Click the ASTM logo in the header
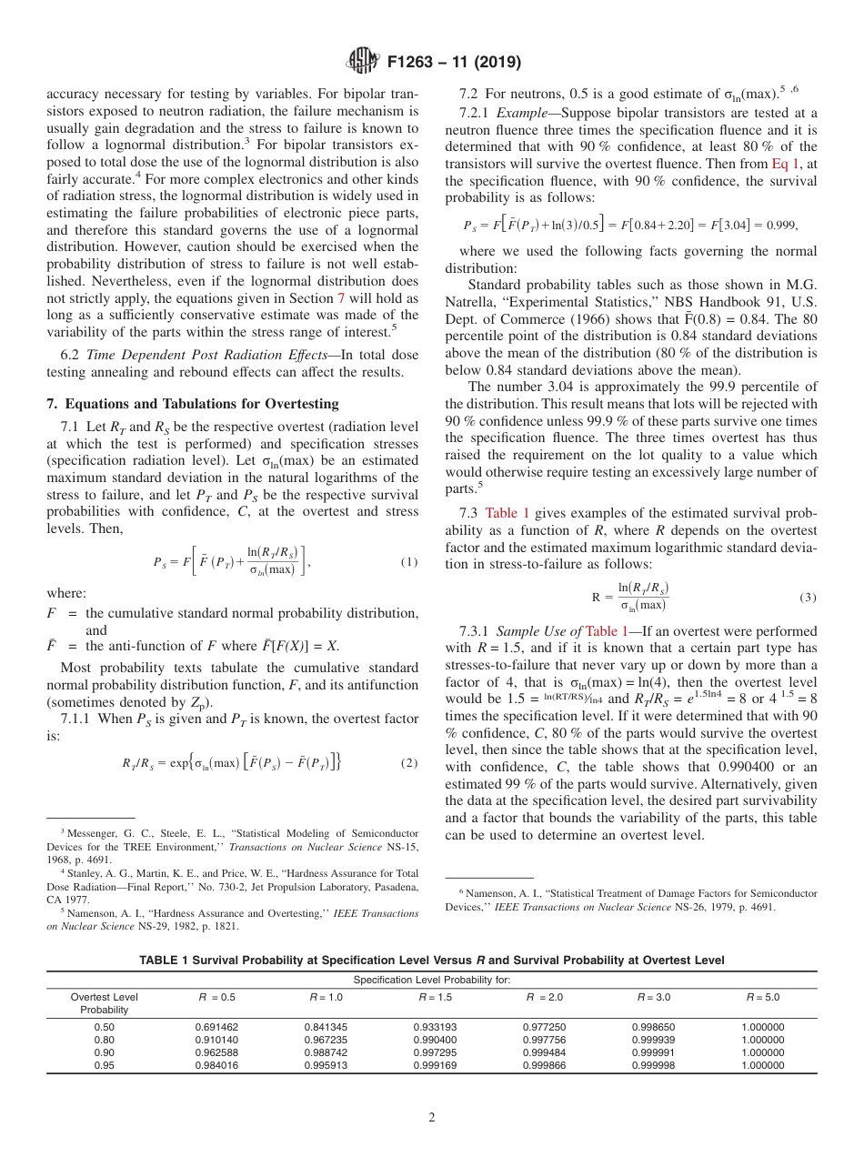pyautogui.click(x=364, y=63)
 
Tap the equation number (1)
pyautogui.click(x=409, y=562)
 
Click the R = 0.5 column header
pyautogui.click(x=216, y=997)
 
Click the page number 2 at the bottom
pyautogui.click(x=431, y=1119)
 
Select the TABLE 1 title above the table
pyautogui.click(x=431, y=961)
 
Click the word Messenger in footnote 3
pyautogui.click(x=88, y=833)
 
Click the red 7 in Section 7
pyautogui.click(x=341, y=298)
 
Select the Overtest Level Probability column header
pyautogui.click(x=104, y=1003)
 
